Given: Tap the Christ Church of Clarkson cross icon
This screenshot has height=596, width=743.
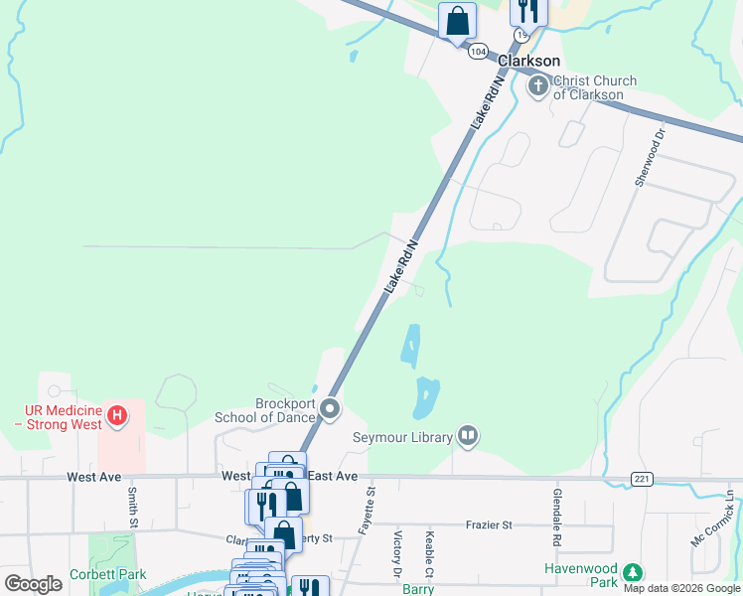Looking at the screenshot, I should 538,86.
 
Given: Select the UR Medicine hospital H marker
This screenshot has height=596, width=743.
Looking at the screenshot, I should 117,414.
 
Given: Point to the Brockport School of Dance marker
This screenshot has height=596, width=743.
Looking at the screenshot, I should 330,408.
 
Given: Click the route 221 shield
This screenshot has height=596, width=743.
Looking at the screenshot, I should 641,479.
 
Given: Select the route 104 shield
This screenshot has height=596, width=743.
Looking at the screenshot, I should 478,51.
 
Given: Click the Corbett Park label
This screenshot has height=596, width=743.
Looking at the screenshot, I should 107,574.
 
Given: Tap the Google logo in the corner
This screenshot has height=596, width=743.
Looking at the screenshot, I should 33,584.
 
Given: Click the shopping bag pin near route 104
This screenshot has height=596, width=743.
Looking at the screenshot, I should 457,20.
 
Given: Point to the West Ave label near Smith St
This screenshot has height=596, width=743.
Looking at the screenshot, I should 94,477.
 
